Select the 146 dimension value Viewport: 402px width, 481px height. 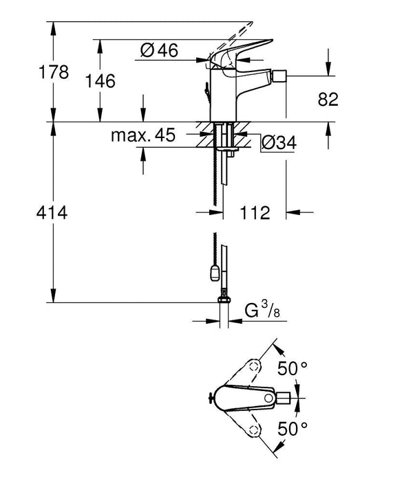click(100, 81)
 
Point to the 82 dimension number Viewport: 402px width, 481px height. click(328, 100)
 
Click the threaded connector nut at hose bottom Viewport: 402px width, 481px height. click(223, 300)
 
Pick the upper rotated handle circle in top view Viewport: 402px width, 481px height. click(255, 364)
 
